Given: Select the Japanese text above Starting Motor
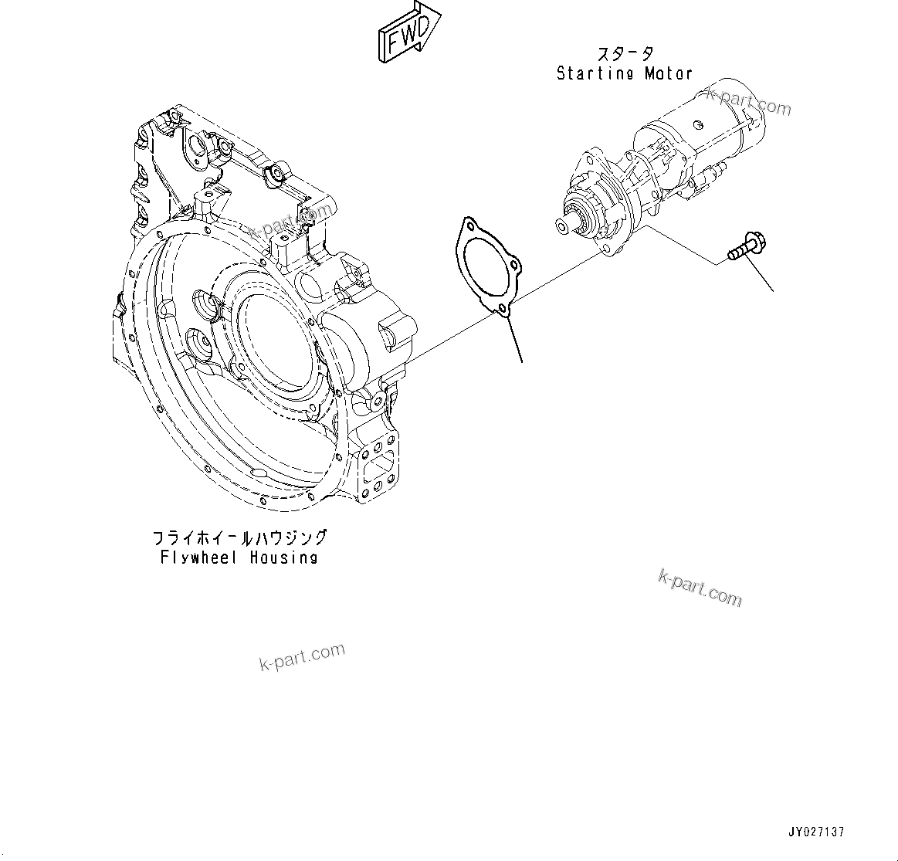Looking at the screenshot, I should tap(625, 54).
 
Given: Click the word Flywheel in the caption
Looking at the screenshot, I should tap(200, 557).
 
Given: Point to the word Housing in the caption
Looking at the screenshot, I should tap(283, 557).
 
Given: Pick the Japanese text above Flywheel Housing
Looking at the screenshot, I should tap(239, 538).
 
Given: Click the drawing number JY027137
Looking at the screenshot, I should tap(816, 832).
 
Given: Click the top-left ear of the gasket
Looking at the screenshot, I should tap(466, 225).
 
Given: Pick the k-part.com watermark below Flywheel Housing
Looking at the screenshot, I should tap(303, 656).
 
